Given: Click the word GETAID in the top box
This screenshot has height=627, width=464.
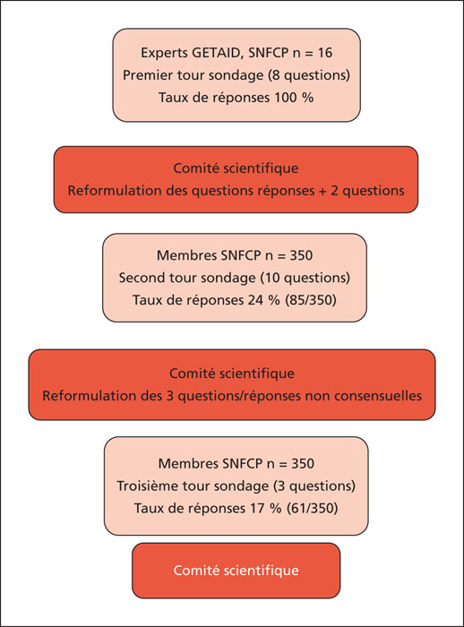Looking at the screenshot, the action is tap(217, 53).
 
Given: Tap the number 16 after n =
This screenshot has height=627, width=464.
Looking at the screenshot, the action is tap(325, 53).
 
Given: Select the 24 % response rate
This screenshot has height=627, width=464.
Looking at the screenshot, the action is tap(263, 300).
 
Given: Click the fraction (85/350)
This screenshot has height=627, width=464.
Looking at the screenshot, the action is tap(311, 300).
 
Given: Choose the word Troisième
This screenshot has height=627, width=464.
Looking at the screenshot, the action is tap(147, 486).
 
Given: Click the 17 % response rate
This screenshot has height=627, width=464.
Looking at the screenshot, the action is tap(266, 509).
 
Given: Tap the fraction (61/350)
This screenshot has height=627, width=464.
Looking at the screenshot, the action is tap(312, 509).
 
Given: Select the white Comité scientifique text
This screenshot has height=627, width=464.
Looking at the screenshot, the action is tap(236, 571).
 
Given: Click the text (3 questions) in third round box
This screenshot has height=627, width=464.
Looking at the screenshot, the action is tap(314, 486).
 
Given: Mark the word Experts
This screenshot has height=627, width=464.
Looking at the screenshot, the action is tap(164, 53).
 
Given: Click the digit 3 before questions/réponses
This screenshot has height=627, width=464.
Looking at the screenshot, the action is tap(169, 396).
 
